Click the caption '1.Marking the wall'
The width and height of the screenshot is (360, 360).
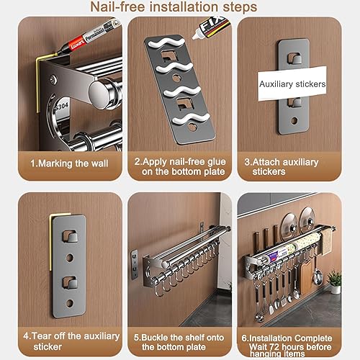click(69, 163)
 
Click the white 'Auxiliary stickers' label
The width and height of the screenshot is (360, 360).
click(292, 84)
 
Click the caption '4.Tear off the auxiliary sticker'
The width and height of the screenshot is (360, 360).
click(69, 340)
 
